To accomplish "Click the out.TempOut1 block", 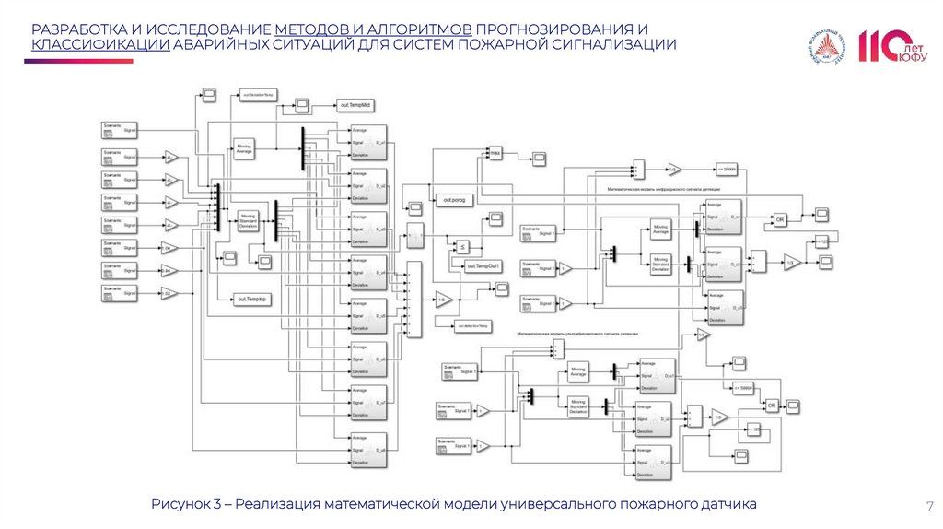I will [x=483, y=266].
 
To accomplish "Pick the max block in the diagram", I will [x=495, y=152].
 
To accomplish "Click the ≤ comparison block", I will [x=464, y=246].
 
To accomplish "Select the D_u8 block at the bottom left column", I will [x=368, y=450].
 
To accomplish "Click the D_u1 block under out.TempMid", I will [x=368, y=143].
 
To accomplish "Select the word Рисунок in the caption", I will [x=182, y=504].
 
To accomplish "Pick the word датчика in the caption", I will [x=725, y=504].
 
